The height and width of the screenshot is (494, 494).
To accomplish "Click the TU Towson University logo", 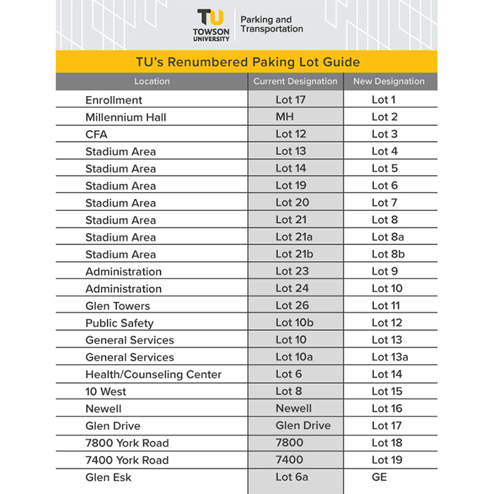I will click(x=212, y=25).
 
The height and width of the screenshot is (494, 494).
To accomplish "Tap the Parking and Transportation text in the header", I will click(x=272, y=25).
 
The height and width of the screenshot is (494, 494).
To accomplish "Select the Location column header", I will click(x=152, y=81).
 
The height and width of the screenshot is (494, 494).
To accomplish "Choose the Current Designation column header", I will click(x=295, y=81).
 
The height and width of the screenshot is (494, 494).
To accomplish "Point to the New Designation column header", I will click(x=389, y=81).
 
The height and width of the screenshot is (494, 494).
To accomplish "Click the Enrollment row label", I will click(x=114, y=100).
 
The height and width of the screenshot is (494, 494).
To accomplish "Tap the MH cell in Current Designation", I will click(x=284, y=117).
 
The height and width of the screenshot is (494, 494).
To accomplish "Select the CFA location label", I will click(x=97, y=134).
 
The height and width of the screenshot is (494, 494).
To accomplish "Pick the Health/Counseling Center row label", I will click(x=153, y=374).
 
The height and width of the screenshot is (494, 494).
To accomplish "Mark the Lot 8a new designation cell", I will click(x=388, y=237).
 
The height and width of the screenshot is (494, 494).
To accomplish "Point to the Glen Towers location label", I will click(x=118, y=306).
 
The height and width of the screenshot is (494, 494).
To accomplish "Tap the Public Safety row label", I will click(x=119, y=323).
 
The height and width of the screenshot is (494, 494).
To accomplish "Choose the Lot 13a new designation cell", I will click(x=390, y=357).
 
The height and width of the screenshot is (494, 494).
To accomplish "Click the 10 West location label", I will click(x=106, y=392).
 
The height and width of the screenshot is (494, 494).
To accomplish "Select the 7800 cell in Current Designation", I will click(x=289, y=442).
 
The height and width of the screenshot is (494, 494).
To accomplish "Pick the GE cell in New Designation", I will click(x=379, y=477).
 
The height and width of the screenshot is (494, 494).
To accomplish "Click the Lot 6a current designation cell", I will click(x=291, y=477).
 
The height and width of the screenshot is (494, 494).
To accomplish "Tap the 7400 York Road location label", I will click(x=127, y=460).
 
